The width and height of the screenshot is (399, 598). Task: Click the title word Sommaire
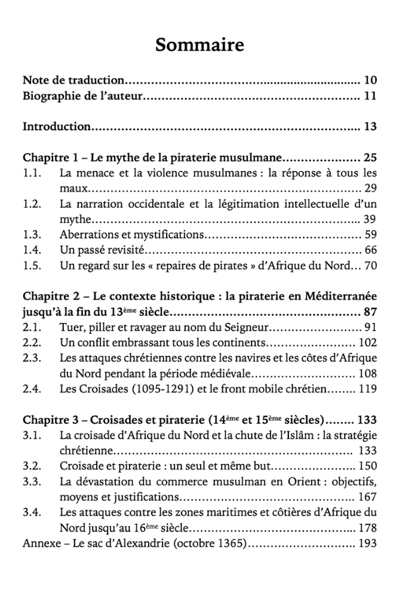click(x=199, y=45)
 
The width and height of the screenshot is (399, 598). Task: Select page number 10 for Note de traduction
click(x=370, y=80)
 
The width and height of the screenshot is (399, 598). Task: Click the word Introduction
click(x=57, y=127)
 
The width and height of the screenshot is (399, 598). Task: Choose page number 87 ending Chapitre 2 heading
click(x=370, y=312)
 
